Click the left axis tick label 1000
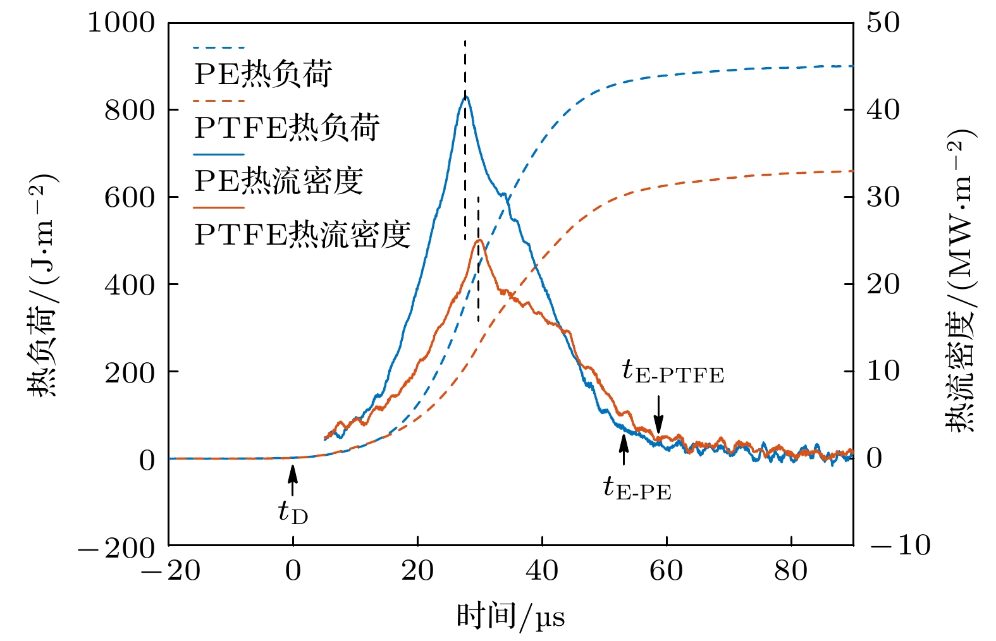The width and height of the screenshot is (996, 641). point(121,23)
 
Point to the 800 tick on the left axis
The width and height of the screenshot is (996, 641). point(130,111)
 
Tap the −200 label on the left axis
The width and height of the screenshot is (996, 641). point(116,547)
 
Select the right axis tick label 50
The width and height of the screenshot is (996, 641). point(883,23)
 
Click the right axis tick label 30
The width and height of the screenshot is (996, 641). point(883,198)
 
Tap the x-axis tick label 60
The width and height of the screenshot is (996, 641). point(667,571)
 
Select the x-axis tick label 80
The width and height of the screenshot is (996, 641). point(791,571)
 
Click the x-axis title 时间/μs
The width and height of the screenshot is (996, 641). point(510,616)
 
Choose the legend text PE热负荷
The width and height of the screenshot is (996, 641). point(263,74)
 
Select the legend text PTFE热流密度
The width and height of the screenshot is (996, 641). point(302,235)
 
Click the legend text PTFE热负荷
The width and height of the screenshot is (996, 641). point(286,128)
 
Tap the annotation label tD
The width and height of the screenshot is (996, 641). point(293,512)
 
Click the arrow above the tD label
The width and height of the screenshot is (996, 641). point(293,479)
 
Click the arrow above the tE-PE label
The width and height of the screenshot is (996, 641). point(624,449)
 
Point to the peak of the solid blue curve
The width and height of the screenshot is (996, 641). point(465,96)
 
